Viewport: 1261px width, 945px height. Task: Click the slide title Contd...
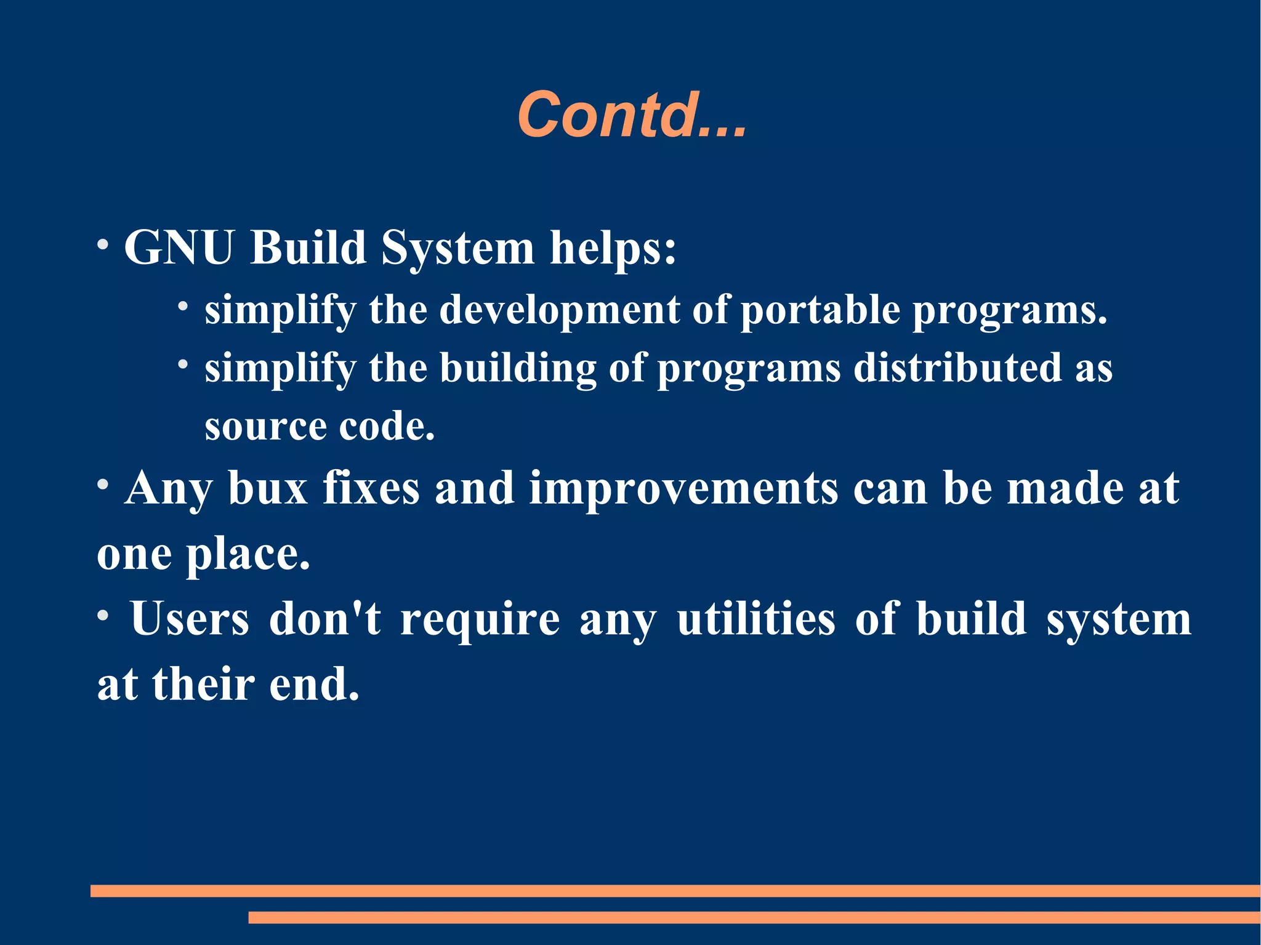(x=632, y=115)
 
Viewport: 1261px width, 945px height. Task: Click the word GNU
(x=179, y=247)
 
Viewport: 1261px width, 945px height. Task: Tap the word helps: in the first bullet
(x=613, y=247)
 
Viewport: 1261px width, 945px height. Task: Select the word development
(x=559, y=310)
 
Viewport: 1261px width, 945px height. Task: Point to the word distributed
(x=957, y=368)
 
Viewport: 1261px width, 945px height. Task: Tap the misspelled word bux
(x=268, y=488)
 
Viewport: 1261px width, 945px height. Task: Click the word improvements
(x=683, y=488)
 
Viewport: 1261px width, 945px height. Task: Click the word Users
(x=190, y=619)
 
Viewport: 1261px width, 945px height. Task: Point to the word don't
(x=324, y=619)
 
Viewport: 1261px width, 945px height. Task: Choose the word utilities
(x=756, y=619)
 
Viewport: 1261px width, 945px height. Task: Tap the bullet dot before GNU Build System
(x=103, y=244)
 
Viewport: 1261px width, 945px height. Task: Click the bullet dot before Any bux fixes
(x=103, y=485)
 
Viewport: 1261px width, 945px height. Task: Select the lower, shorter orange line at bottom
(x=754, y=917)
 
